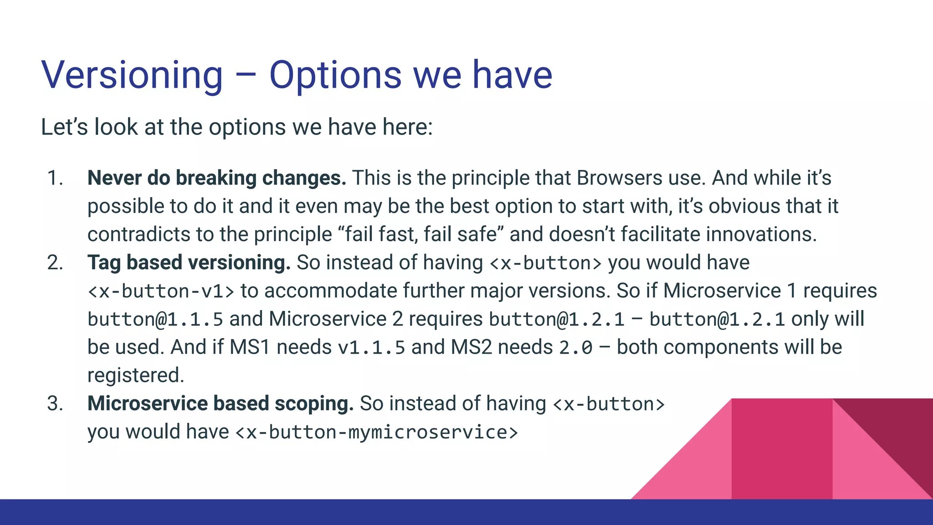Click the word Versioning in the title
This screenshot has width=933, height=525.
[x=132, y=75]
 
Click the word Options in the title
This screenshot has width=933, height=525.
[x=335, y=75]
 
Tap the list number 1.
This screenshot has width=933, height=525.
[x=55, y=178]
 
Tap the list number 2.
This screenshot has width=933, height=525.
[x=55, y=263]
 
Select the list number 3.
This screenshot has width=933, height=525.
[x=55, y=404]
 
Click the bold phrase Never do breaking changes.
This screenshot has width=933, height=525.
[x=216, y=178]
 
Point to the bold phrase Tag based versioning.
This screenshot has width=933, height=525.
[x=189, y=263]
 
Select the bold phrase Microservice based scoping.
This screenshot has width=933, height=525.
[x=220, y=404]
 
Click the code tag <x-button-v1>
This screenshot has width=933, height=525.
[x=161, y=291]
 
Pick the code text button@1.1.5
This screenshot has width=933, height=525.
[x=155, y=319]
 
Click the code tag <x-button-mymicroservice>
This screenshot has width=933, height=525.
[x=376, y=432]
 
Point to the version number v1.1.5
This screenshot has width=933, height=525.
[x=371, y=348]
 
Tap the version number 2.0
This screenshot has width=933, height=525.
[x=575, y=348]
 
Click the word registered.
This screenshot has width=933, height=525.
[x=135, y=376]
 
